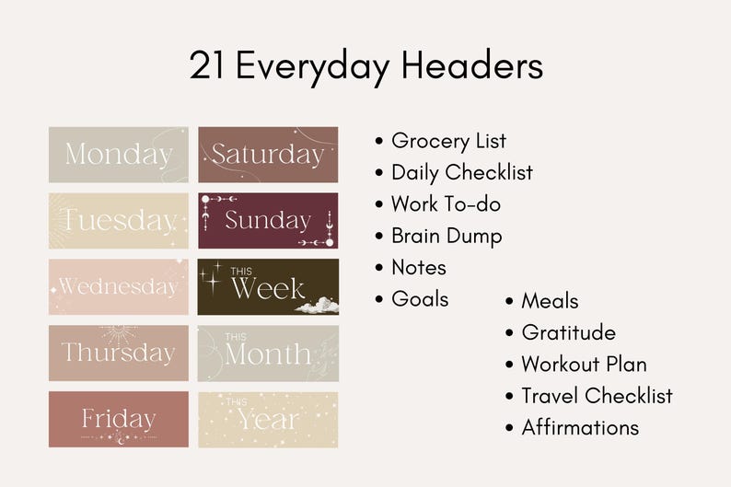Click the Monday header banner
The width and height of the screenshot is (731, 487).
coord(118,154)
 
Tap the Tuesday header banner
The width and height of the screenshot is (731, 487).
coord(118,220)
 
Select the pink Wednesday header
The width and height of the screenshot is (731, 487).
coord(118,286)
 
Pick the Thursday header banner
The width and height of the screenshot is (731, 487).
coord(118,353)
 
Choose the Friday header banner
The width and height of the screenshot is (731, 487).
coord(118,419)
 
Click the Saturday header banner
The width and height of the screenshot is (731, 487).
coord(268,154)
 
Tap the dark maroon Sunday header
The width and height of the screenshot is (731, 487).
coord(268,220)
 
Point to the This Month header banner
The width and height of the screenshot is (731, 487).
coord(268,353)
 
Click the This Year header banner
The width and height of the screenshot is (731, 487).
coord(268,419)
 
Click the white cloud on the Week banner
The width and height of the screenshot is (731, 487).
coord(318,305)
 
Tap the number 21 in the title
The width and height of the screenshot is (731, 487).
coord(207,66)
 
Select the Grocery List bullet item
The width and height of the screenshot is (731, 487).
coord(448,141)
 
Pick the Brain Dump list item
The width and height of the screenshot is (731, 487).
coord(447,236)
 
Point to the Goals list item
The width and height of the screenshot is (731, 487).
coord(420,299)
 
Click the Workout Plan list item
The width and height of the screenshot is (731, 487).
coord(584,364)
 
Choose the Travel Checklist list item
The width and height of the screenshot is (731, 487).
coord(597,396)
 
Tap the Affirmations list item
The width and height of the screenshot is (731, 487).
coord(580,427)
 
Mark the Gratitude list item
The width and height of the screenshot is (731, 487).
coord(568,332)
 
